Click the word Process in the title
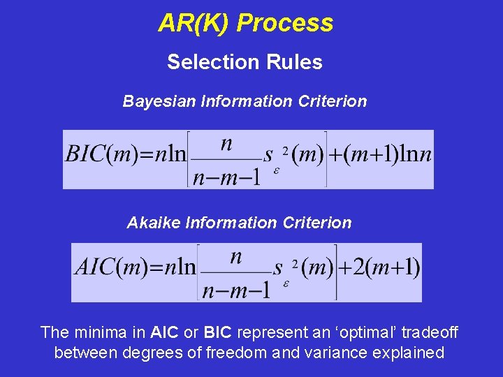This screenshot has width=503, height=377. tap(285, 24)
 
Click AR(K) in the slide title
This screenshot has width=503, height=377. tap(195, 24)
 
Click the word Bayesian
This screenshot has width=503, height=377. tap(159, 101)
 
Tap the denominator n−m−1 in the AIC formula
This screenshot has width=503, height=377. tap(236, 289)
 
